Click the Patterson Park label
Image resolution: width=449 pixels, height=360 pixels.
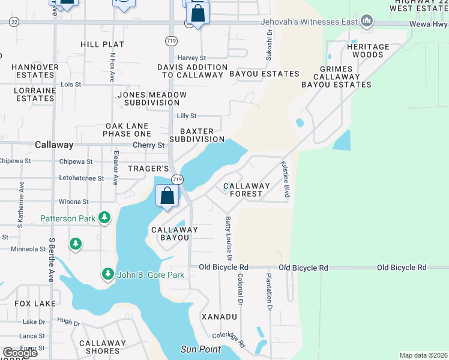pyautogui.click(x=67, y=218)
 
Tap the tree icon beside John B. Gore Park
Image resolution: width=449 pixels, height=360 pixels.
pyautogui.click(x=108, y=274)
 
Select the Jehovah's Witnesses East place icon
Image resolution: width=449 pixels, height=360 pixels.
pyautogui.click(x=366, y=23)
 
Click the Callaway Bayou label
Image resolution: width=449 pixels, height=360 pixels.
pyautogui.click(x=175, y=233)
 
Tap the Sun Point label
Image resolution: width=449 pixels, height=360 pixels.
pyautogui.click(x=200, y=349)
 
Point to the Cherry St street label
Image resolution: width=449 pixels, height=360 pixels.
pyautogui.click(x=148, y=145)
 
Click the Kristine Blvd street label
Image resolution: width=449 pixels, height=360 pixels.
pyautogui.click(x=286, y=179)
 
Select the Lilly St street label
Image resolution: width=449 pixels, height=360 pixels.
pyautogui.click(x=187, y=116)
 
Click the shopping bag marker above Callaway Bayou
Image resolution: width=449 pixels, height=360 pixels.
pyautogui.click(x=167, y=196)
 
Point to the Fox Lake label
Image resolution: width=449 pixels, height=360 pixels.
pyautogui.click(x=35, y=304)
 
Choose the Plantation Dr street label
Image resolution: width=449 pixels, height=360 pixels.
pyautogui.click(x=269, y=292)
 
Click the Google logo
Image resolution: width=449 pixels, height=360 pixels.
pyautogui.click(x=20, y=353)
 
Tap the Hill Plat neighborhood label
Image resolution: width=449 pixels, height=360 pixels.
pyautogui.click(x=103, y=44)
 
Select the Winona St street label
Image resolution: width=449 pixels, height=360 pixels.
pyautogui.click(x=74, y=202)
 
